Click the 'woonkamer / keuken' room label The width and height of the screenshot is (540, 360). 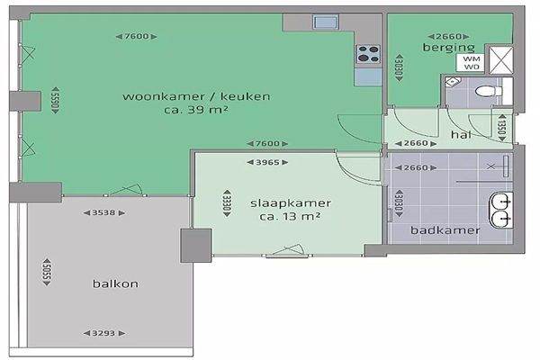click(196, 96)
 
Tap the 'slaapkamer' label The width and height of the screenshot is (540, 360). click(291, 203)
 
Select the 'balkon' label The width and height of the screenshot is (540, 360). click(115, 283)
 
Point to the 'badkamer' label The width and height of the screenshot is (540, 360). click(445, 230)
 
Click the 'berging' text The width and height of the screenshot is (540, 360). click(449, 47)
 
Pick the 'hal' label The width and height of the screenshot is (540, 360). click(461, 134)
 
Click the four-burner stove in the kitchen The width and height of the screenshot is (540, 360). click(368, 54)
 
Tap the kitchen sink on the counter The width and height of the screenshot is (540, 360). click(326, 22)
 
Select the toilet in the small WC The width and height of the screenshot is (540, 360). click(489, 91)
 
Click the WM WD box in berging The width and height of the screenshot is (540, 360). click(471, 63)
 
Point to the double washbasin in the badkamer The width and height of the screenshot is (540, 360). click(500, 210)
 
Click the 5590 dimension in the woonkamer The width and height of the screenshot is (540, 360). click(56, 100)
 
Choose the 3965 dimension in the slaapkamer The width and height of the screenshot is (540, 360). click(267, 162)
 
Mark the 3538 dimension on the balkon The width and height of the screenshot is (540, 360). click(104, 213)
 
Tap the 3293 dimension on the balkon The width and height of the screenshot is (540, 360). click(104, 333)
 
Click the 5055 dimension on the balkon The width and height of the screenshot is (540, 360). click(47, 272)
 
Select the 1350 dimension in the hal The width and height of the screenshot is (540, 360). click(502, 128)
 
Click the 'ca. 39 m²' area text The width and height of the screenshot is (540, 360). click(196, 110)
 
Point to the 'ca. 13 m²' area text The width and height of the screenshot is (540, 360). click(291, 217)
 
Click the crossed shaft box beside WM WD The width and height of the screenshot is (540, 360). click(501, 60)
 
